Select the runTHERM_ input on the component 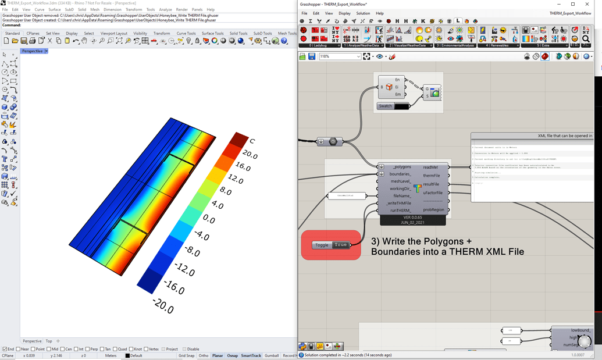(400, 211)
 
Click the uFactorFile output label (432, 193)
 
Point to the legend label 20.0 (249, 155)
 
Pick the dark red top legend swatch (238, 140)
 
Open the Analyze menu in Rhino (165, 10)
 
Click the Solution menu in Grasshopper (363, 13)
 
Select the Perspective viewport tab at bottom (32, 341)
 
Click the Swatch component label (385, 106)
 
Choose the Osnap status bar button (233, 355)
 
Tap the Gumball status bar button (272, 355)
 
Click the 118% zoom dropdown (340, 56)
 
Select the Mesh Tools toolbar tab (287, 34)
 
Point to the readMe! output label (431, 167)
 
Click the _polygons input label (402, 167)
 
